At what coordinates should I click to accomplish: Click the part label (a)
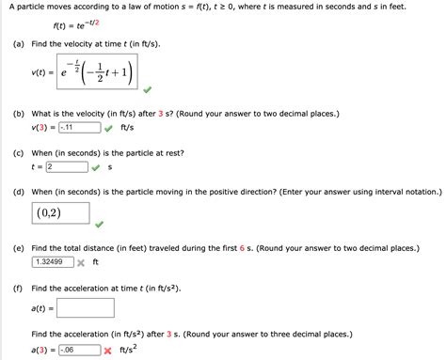[18, 45]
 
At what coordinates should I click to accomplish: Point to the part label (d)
[18, 190]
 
